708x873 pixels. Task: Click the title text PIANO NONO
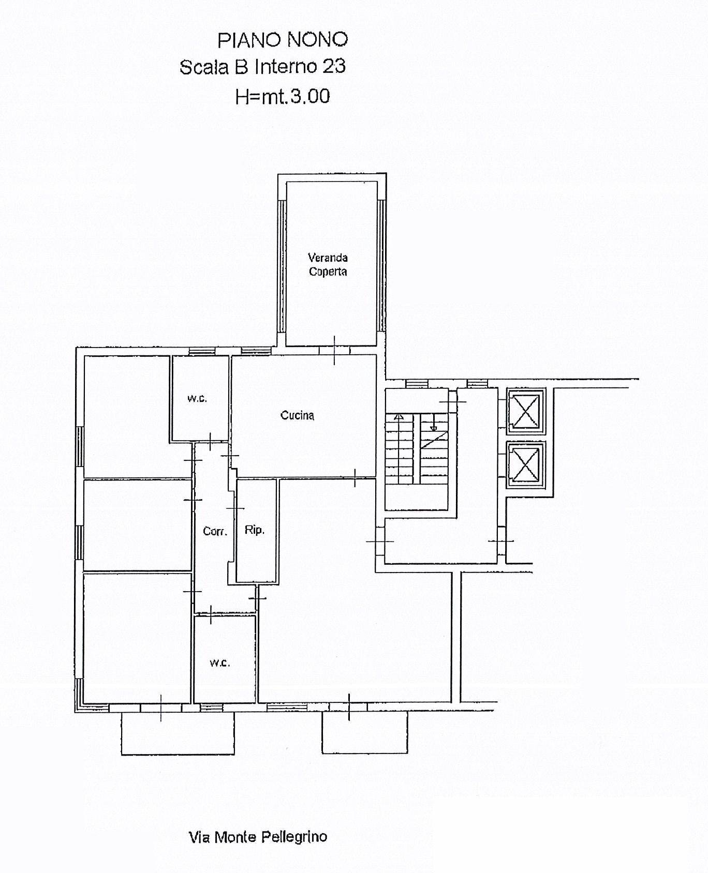pos(283,40)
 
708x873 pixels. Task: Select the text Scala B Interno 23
pos(262,67)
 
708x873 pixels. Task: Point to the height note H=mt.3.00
pos(283,96)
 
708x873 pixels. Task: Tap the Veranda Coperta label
pos(328,264)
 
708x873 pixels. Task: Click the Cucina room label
pos(297,415)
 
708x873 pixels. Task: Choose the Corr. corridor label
pos(215,531)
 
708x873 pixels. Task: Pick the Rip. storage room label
pos(255,530)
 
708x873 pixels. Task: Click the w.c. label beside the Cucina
pos(197,399)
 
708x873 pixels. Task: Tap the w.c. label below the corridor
pos(220,663)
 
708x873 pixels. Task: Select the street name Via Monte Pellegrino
pos(258,837)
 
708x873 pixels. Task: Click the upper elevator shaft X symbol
pos(525,410)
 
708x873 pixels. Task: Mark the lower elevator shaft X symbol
pos(525,464)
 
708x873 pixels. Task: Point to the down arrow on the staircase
pos(434,423)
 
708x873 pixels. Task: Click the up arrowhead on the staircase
pos(399,416)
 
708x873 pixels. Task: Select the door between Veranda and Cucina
pos(334,350)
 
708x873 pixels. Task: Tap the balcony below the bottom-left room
pos(178,733)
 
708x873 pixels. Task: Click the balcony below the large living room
pos(365,732)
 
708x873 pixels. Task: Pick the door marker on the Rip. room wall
pos(235,508)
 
